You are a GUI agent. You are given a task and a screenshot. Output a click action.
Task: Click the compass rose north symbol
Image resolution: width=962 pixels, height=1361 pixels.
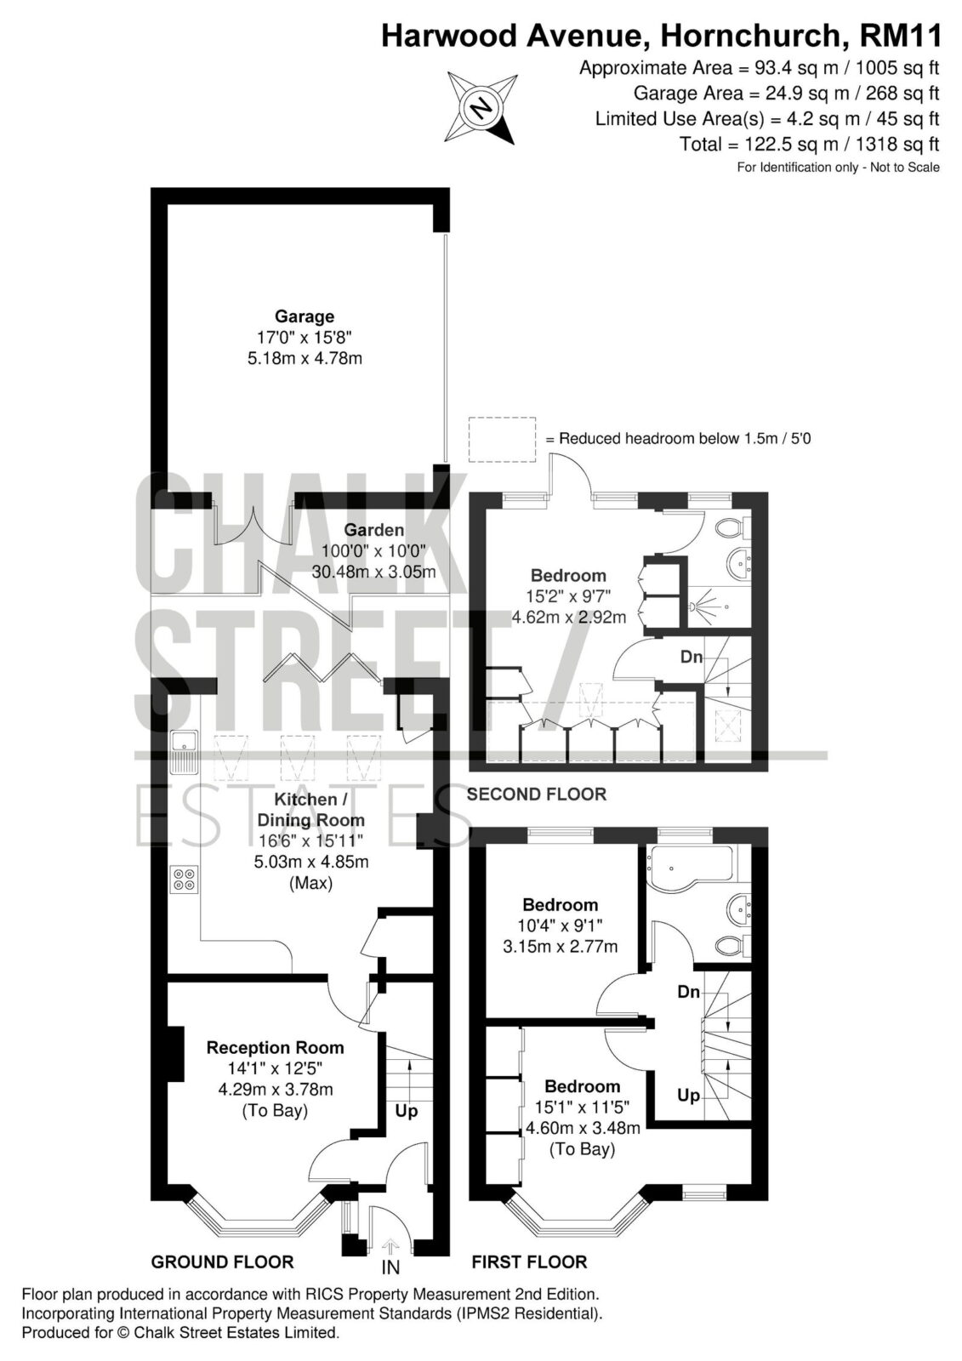tap(482, 108)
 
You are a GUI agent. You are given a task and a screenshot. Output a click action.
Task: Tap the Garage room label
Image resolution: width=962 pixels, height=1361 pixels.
tap(305, 316)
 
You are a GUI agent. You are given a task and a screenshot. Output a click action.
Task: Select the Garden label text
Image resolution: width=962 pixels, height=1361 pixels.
tap(373, 530)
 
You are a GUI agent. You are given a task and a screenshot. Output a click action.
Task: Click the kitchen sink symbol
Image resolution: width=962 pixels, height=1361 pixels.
tap(184, 754)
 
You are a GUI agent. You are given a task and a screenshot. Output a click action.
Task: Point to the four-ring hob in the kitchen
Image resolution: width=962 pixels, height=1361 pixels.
tap(184, 880)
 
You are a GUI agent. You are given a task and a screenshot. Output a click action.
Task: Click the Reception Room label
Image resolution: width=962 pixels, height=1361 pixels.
tap(276, 1047)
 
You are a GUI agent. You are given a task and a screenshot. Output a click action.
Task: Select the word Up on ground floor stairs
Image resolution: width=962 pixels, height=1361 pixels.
tap(407, 1111)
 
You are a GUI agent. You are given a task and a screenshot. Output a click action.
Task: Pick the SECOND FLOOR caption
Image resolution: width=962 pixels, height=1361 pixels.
tap(537, 794)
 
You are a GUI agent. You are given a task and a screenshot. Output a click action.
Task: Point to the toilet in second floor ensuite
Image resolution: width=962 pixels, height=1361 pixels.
tap(734, 527)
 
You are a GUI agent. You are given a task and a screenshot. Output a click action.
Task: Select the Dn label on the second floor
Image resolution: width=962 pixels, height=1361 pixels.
tap(692, 657)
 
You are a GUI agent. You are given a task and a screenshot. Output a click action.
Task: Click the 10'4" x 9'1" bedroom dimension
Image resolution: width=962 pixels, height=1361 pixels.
tap(560, 926)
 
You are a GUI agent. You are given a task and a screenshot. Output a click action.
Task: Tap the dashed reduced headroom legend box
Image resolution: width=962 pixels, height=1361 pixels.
tap(502, 440)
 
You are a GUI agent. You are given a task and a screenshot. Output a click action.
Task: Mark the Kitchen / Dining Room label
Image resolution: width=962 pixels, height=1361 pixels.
tap(310, 809)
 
